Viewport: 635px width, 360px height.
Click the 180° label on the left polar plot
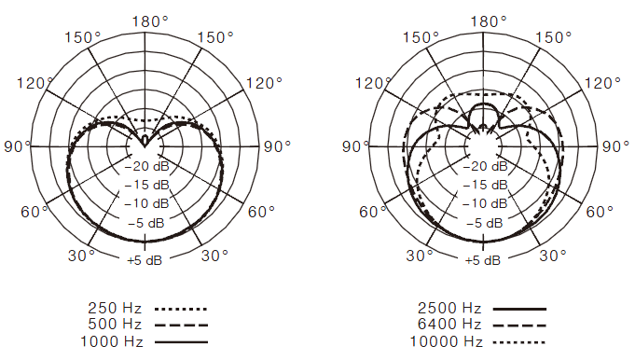click(150, 21)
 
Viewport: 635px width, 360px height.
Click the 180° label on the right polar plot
click(489, 21)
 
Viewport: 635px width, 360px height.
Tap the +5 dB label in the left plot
click(145, 260)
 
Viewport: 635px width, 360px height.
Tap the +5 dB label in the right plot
click(483, 260)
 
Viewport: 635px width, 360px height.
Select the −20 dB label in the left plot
click(146, 166)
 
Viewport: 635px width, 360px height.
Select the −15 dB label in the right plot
click(485, 185)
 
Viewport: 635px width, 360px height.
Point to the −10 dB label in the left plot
click(146, 203)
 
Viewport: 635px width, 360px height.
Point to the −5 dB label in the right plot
click(485, 223)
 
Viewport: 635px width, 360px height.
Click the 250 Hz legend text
click(115, 309)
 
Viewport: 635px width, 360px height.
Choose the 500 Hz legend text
click(115, 325)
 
